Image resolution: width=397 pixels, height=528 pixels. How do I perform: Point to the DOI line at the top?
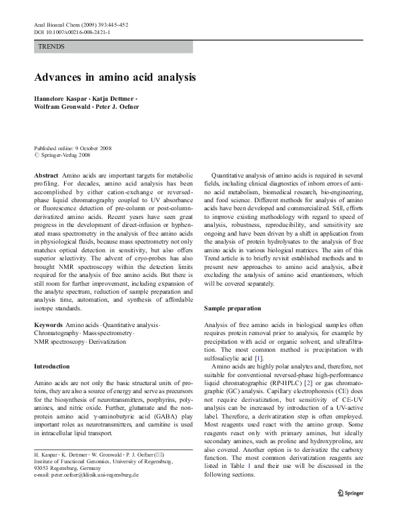pyautogui.click(x=71, y=32)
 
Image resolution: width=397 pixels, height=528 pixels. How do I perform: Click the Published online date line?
pyautogui.click(x=73, y=148)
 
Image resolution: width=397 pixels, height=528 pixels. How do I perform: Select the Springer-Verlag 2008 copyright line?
pyautogui.click(x=65, y=155)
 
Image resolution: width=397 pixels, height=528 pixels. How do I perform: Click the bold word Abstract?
pyautogui.click(x=46, y=174)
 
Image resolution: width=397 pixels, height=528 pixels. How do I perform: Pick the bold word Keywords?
pyautogui.click(x=49, y=324)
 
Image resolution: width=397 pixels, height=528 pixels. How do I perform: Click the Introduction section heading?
pyautogui.click(x=51, y=366)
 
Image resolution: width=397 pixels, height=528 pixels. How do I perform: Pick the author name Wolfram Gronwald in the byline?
pyautogui.click(x=60, y=107)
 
